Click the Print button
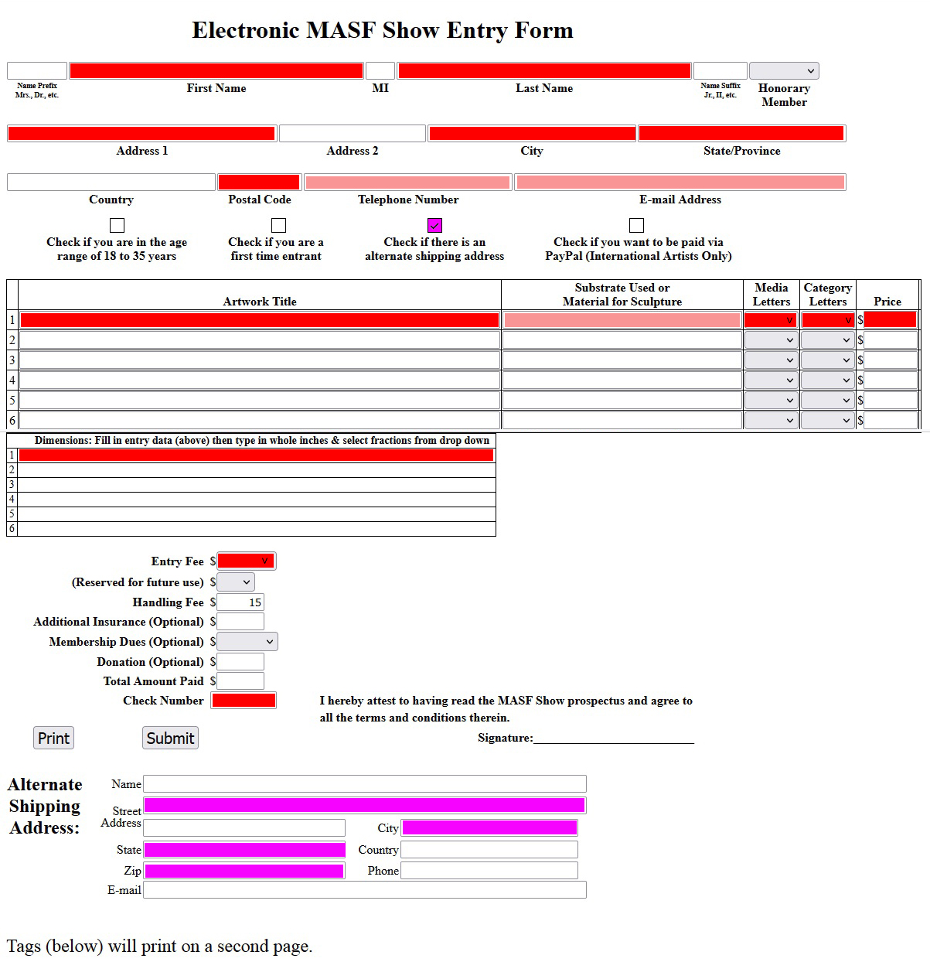(53, 738)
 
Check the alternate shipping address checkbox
(434, 225)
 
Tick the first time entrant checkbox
(278, 225)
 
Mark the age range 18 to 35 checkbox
(117, 225)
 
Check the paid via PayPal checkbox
(636, 225)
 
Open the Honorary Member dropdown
(783, 71)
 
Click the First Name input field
(216, 71)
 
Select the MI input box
(380, 71)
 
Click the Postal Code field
(259, 183)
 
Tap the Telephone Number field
(407, 183)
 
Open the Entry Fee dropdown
(246, 561)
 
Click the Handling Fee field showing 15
(240, 602)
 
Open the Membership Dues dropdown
(247, 642)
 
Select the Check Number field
(244, 701)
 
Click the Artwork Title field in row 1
(260, 320)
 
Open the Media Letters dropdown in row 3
(771, 360)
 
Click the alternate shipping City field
(489, 828)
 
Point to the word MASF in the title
(340, 30)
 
